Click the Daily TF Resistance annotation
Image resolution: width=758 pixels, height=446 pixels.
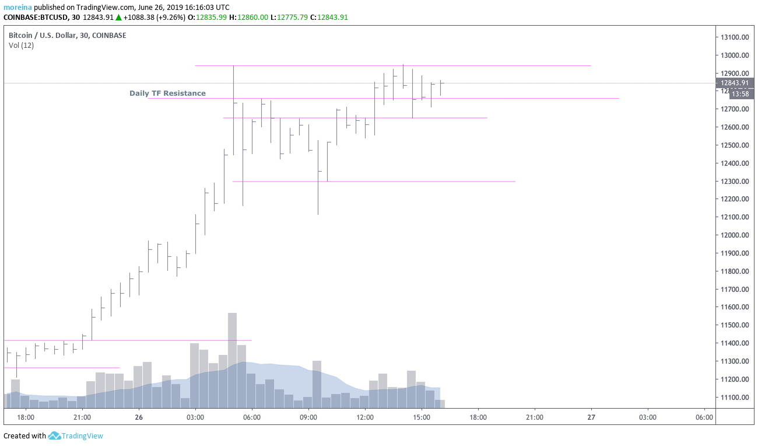167,93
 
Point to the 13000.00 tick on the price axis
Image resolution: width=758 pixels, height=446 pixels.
734,55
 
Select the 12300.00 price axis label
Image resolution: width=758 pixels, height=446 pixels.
734,182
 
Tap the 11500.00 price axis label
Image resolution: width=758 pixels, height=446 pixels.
734,325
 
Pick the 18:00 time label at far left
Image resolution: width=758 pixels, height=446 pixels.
26,417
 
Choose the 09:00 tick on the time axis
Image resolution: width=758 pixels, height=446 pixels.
308,417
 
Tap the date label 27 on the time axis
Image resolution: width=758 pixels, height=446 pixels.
591,417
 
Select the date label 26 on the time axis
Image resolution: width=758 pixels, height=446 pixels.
139,417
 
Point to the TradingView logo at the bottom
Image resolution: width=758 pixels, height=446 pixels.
75,435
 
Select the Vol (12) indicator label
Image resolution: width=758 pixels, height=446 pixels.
21,46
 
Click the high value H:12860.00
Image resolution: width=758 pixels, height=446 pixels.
248,18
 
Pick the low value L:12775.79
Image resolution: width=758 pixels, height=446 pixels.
289,18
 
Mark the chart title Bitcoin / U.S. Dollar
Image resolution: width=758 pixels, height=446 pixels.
47,36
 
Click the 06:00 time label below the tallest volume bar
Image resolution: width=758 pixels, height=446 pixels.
252,417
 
